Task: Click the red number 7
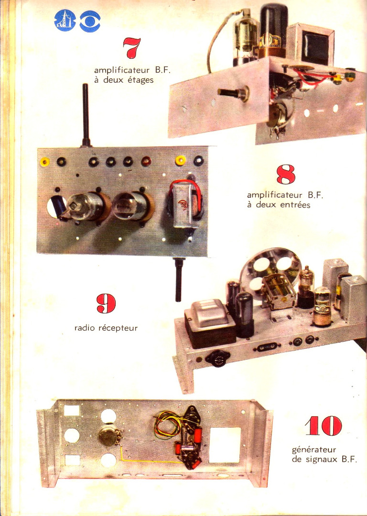[x=132, y=48]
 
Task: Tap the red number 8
[x=286, y=174]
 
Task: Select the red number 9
[x=106, y=303]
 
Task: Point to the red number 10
[x=324, y=426]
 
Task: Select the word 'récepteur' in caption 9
[x=118, y=328]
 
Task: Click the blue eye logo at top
[x=90, y=21]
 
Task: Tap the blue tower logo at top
[x=65, y=21]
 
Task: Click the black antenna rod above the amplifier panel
[x=86, y=115]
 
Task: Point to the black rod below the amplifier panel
[x=178, y=279]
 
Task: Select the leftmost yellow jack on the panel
[x=44, y=161]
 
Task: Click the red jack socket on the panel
[x=146, y=161]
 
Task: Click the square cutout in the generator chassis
[x=225, y=445]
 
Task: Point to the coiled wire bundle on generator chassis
[x=168, y=424]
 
